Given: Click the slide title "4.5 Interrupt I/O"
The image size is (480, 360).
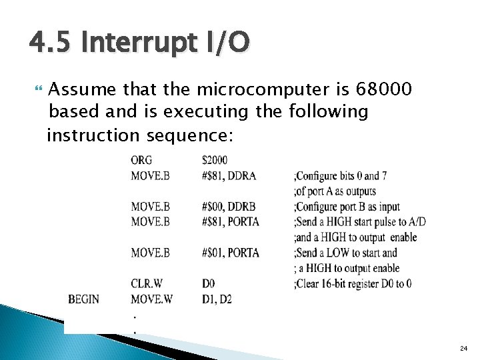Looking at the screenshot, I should click(139, 43).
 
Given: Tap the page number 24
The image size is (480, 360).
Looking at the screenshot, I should click(463, 349).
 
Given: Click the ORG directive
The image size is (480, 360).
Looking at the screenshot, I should click(141, 160).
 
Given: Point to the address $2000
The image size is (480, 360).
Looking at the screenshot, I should click(215, 160).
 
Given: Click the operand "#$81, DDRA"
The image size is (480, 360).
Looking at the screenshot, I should click(229, 176).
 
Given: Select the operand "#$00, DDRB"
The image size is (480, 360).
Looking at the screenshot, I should click(229, 207).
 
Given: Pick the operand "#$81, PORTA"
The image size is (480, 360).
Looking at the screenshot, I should click(231, 221).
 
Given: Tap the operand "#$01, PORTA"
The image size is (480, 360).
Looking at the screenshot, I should click(231, 253).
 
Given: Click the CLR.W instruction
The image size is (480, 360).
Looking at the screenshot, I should click(146, 284).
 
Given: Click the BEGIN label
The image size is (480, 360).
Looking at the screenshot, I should click(84, 299).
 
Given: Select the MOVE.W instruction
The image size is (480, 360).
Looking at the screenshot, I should click(151, 299).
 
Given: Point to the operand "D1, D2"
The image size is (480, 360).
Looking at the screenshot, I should click(217, 299).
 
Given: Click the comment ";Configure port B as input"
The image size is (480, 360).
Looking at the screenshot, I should click(347, 207).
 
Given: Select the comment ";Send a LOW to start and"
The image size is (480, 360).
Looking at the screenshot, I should click(345, 253).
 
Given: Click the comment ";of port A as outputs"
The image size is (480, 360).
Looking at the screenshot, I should click(335, 191).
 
